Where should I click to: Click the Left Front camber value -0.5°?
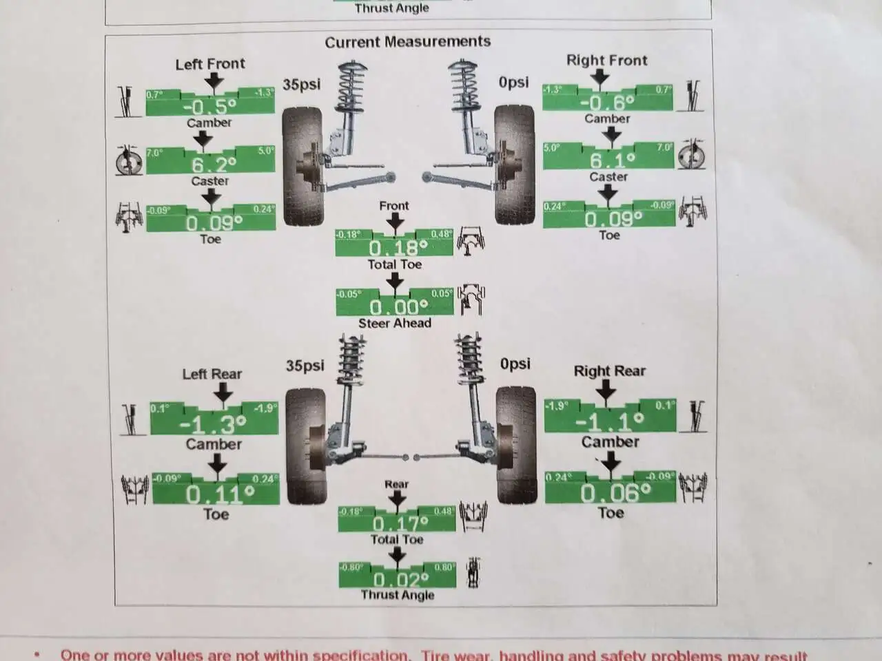209,107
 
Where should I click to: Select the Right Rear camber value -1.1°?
610,421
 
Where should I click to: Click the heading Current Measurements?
407,42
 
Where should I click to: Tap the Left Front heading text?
210,64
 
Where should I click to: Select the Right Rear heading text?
609,371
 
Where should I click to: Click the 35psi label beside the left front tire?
301,85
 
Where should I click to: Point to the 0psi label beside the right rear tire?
515,363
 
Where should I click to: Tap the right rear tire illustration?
515,444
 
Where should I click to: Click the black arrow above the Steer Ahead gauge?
395,280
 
